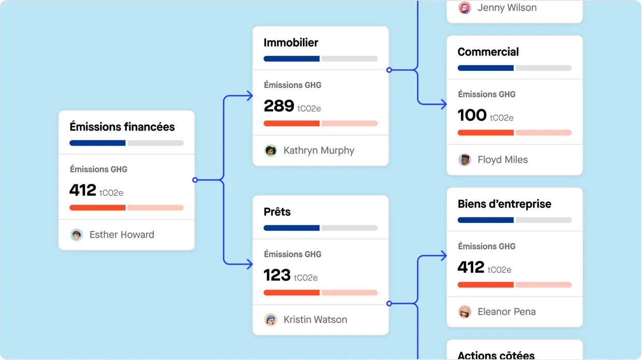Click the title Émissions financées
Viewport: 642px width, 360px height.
[x=122, y=127]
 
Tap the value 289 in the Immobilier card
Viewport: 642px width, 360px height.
[x=279, y=106]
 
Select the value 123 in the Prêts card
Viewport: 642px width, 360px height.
[x=277, y=275]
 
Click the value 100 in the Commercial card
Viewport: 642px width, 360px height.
[x=472, y=115]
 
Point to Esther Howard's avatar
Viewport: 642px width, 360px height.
[x=77, y=235]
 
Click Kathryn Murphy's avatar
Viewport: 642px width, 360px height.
[x=271, y=151]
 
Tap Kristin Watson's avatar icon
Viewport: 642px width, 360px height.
[x=271, y=320]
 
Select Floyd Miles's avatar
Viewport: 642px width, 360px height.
[x=465, y=160]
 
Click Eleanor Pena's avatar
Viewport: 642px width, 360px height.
[x=465, y=312]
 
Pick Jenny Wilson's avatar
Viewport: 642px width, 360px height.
[x=465, y=8]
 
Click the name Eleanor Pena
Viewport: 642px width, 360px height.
[x=506, y=312]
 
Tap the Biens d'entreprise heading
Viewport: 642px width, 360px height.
[x=504, y=204]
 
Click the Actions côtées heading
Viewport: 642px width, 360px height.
[x=496, y=355]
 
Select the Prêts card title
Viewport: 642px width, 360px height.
[x=277, y=212]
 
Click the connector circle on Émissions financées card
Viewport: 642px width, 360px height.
[x=195, y=180]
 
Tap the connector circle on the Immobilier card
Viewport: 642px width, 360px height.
[x=389, y=69]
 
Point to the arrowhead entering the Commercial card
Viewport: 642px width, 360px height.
[x=443, y=105]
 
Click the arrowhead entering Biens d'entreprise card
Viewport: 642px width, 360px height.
[x=443, y=256]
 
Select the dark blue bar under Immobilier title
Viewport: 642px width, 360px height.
[x=291, y=59]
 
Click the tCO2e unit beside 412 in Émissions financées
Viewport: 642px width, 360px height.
[x=111, y=193]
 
